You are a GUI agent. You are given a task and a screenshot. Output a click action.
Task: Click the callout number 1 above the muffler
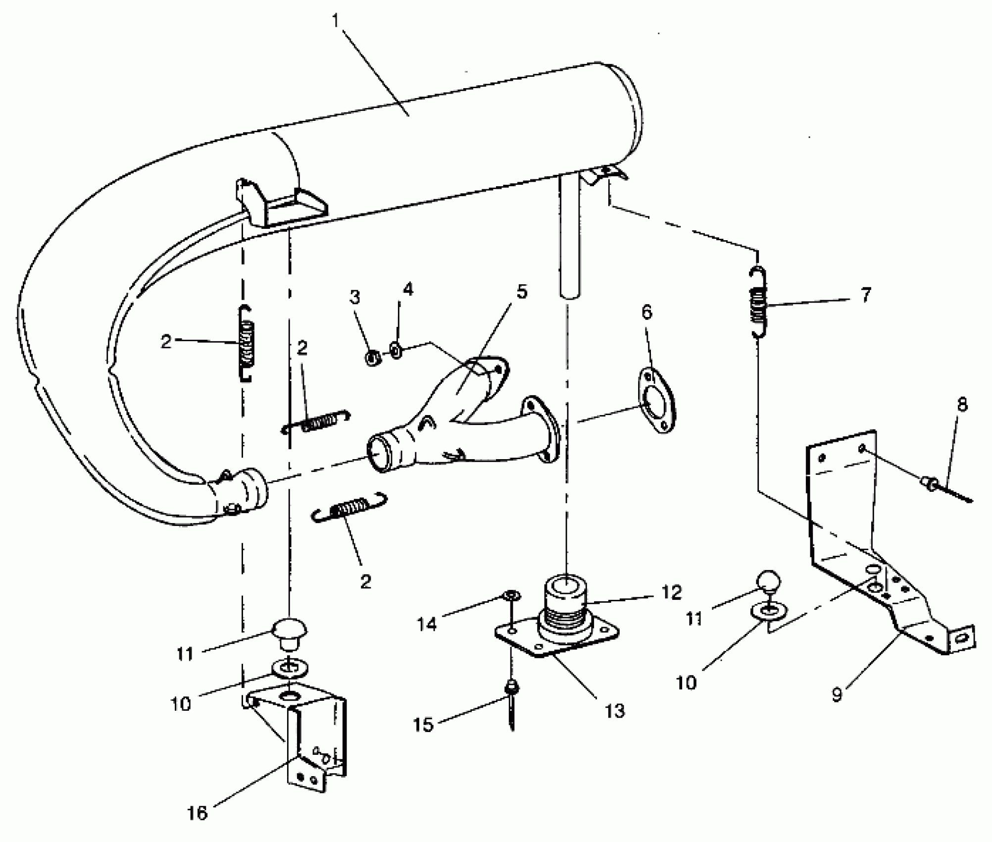pyautogui.click(x=337, y=22)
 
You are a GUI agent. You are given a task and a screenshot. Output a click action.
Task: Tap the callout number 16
pyautogui.click(x=197, y=813)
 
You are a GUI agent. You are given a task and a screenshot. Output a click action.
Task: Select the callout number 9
pyautogui.click(x=837, y=695)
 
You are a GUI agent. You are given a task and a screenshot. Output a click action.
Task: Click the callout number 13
pyautogui.click(x=615, y=711)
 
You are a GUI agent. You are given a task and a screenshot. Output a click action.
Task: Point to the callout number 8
pyautogui.click(x=961, y=405)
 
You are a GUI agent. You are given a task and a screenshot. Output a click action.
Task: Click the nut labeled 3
pyautogui.click(x=373, y=357)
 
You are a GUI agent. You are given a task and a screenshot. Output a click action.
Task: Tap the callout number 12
pyautogui.click(x=671, y=592)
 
